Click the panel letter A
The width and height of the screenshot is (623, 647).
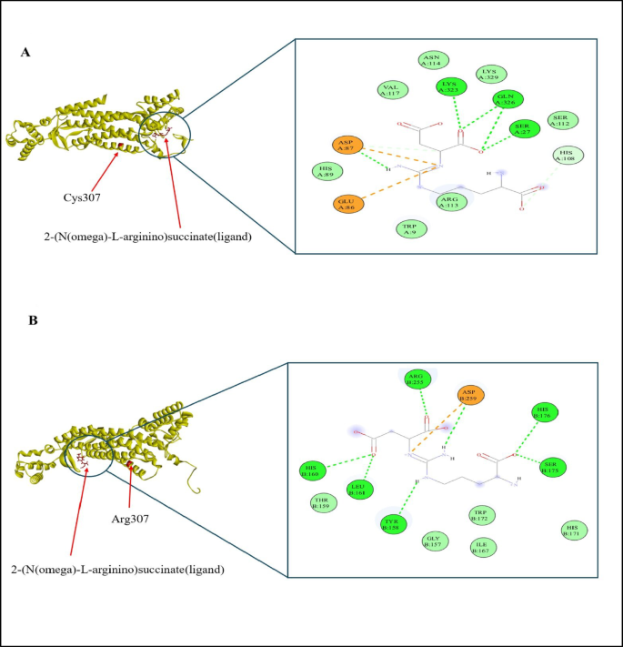pyautogui.click(x=26, y=54)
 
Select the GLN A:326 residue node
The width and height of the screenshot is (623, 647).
pyautogui.click(x=506, y=100)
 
